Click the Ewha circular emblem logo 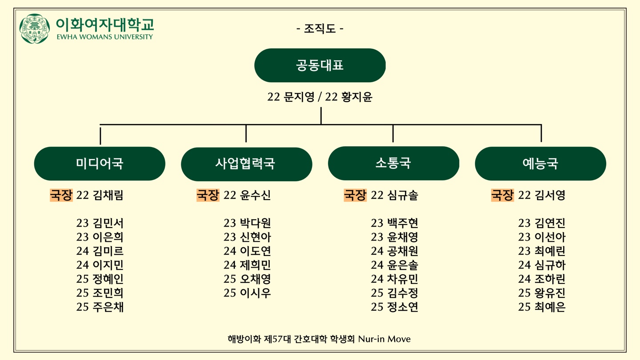pyautogui.click(x=35, y=28)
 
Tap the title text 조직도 pyautogui.click(x=320, y=28)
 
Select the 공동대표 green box pyautogui.click(x=320, y=65)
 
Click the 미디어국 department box pyautogui.click(x=100, y=164)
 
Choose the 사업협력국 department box pyautogui.click(x=247, y=164)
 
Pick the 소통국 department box pyautogui.click(x=393, y=164)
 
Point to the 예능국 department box pyautogui.click(x=540, y=164)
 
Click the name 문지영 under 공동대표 pyautogui.click(x=299, y=97)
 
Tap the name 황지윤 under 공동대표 pyautogui.click(x=357, y=97)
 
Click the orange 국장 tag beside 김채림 pyautogui.click(x=61, y=195)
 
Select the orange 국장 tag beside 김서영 pyautogui.click(x=503, y=195)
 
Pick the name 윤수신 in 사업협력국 pyautogui.click(x=255, y=195)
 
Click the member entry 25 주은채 pyautogui.click(x=100, y=307)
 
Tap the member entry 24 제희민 pyautogui.click(x=247, y=265)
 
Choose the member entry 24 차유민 pyautogui.click(x=395, y=279)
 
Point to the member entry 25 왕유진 pyautogui.click(x=542, y=293)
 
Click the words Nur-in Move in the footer pyautogui.click(x=384, y=339)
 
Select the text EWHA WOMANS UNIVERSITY pyautogui.click(x=105, y=37)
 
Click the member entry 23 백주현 pyautogui.click(x=395, y=223)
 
